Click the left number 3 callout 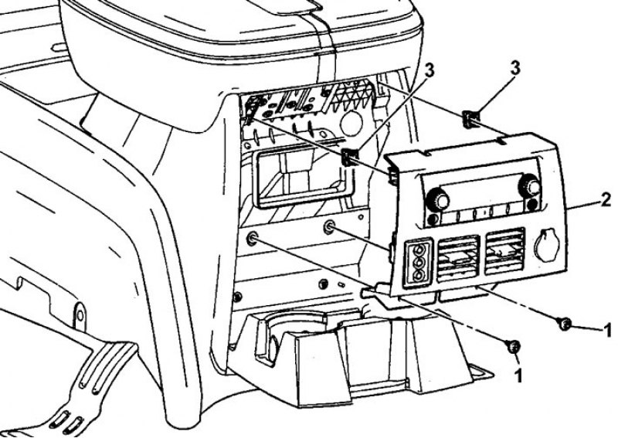pyautogui.click(x=429, y=71)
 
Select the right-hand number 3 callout pyautogui.click(x=514, y=68)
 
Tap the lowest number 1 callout pyautogui.click(x=518, y=375)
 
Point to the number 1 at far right pyautogui.click(x=607, y=330)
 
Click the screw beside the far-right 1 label pyautogui.click(x=565, y=324)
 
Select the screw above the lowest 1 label pyautogui.click(x=513, y=347)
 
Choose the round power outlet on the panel pyautogui.click(x=545, y=245)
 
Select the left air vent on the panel pyautogui.click(x=457, y=258)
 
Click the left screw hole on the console pyautogui.click(x=252, y=238)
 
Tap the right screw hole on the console pyautogui.click(x=329, y=226)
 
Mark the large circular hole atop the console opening pyautogui.click(x=351, y=124)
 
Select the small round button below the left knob pyautogui.click(x=433, y=219)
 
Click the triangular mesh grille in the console pyautogui.click(x=353, y=93)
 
